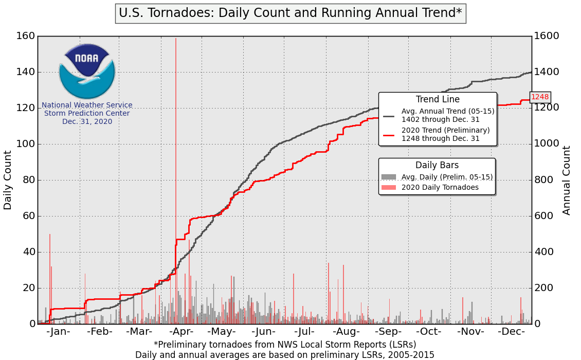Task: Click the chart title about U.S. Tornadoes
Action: click(290, 13)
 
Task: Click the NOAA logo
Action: click(87, 71)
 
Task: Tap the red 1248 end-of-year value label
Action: click(539, 97)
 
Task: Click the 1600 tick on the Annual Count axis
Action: click(546, 36)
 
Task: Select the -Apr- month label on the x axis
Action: click(180, 331)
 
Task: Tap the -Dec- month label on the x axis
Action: click(511, 331)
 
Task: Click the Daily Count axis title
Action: click(8, 180)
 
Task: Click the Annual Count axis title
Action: click(567, 180)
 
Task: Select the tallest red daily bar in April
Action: click(176, 154)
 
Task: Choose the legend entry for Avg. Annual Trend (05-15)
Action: click(447, 115)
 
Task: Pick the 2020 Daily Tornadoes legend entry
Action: click(440, 187)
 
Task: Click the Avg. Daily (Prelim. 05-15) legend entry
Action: click(447, 177)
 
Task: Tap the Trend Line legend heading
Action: click(438, 99)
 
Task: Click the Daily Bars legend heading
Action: click(437, 165)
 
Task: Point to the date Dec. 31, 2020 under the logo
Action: click(87, 121)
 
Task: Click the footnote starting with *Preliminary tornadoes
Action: click(285, 344)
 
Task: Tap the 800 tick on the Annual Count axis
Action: click(543, 180)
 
